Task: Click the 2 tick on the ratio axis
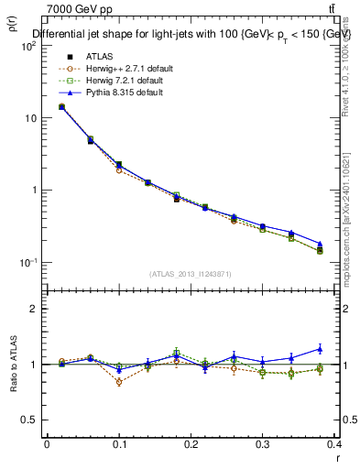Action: coord(32,309)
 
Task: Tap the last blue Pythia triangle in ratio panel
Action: coord(320,348)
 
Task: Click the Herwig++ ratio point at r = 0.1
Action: coord(119,382)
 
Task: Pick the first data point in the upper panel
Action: coord(61,106)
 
